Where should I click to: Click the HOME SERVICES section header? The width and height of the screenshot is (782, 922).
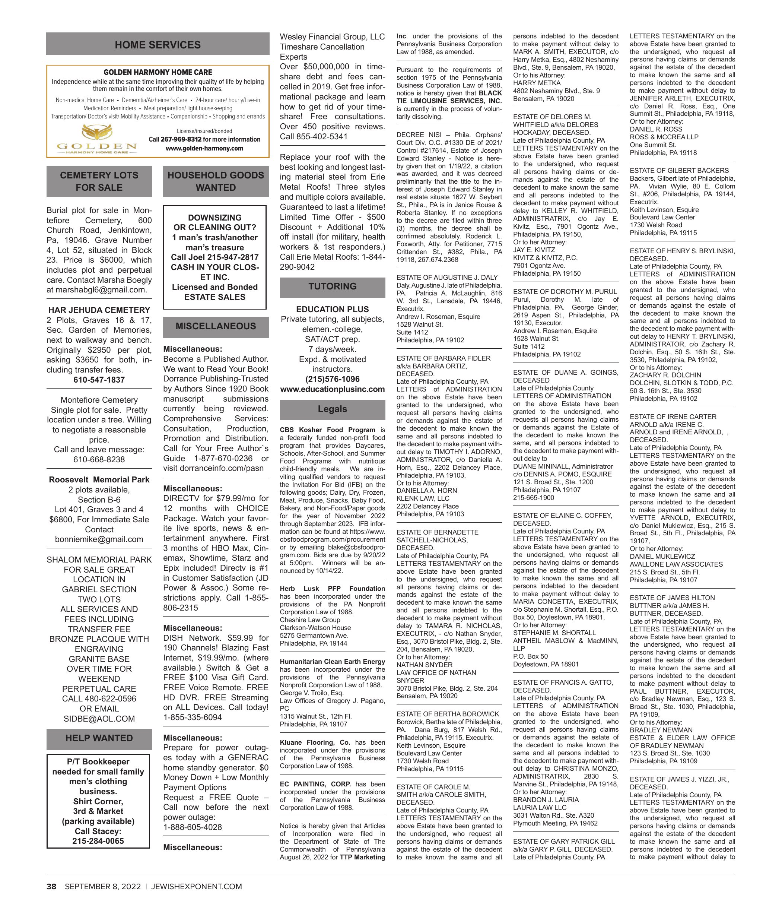click(x=158, y=44)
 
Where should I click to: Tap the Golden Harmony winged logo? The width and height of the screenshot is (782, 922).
click(x=97, y=133)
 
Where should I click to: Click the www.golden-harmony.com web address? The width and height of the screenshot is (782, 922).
click(x=204, y=148)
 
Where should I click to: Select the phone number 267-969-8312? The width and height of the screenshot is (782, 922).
click(x=181, y=139)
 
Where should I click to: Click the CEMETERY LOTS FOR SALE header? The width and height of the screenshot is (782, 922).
click(x=99, y=181)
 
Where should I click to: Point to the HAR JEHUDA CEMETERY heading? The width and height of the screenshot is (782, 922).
click(x=99, y=310)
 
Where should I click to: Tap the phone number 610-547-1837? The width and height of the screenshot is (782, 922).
click(x=99, y=380)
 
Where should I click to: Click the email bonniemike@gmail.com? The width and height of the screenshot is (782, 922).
click(x=99, y=539)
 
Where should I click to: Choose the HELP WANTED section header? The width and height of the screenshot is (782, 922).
click(x=99, y=738)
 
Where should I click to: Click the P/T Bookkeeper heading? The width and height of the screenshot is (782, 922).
click(x=98, y=761)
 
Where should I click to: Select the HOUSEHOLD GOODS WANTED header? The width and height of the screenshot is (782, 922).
click(x=216, y=181)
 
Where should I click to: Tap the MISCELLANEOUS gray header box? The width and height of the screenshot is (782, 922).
click(x=216, y=326)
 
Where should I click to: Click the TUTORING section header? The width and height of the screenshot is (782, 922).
click(x=332, y=286)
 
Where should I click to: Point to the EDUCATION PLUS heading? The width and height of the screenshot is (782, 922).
click(x=332, y=309)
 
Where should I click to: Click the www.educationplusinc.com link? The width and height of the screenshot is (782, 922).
click(x=332, y=389)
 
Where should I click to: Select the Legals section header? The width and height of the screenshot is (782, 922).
click(x=332, y=409)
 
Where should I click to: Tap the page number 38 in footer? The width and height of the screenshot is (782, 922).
click(x=51, y=887)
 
